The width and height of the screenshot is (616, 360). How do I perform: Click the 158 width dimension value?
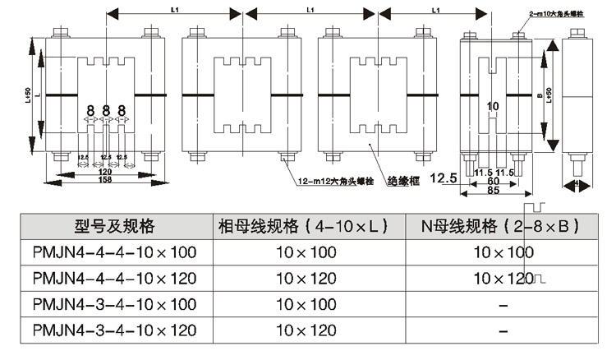[x=105, y=180]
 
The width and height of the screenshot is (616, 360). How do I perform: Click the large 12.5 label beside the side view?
[x=444, y=178]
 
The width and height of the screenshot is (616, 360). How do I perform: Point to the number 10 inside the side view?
[x=493, y=107]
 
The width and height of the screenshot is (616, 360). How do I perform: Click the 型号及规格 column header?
[x=114, y=226]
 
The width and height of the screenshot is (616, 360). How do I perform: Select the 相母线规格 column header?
[x=306, y=226]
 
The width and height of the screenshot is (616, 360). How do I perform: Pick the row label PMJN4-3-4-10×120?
[x=114, y=330]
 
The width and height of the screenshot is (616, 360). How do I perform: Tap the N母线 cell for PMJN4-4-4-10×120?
[x=503, y=278]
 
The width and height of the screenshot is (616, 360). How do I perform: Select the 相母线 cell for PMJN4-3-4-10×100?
[x=306, y=304]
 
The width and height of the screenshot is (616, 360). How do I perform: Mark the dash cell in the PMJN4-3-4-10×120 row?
[x=503, y=330]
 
